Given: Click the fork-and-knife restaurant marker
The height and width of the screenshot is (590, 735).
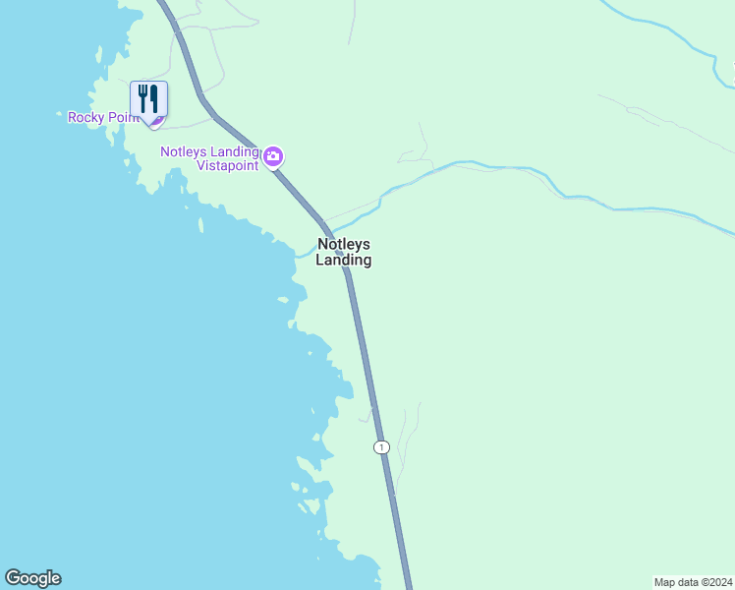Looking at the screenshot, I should tap(149, 99).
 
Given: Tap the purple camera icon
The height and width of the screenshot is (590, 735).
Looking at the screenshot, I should tap(273, 156).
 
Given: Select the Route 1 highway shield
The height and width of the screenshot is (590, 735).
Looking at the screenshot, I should tap(381, 447).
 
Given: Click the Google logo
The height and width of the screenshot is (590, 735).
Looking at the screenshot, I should tap(32, 578).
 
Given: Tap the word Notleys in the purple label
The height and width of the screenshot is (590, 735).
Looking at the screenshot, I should tap(183, 151).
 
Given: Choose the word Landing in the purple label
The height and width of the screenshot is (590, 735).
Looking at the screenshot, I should tap(233, 151).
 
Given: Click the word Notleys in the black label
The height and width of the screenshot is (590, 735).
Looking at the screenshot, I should tap(343, 244).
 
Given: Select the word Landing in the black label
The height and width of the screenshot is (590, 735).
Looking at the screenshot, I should tap(343, 261).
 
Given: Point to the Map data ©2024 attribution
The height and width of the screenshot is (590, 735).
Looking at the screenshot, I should tap(692, 582).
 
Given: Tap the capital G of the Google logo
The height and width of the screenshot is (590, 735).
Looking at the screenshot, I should tap(13, 577).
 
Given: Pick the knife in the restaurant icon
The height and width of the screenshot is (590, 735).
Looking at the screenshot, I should tap(154, 98).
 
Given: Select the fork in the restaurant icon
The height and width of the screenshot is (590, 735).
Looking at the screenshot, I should tap(143, 98).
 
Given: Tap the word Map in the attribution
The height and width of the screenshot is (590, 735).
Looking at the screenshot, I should tap(665, 582).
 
